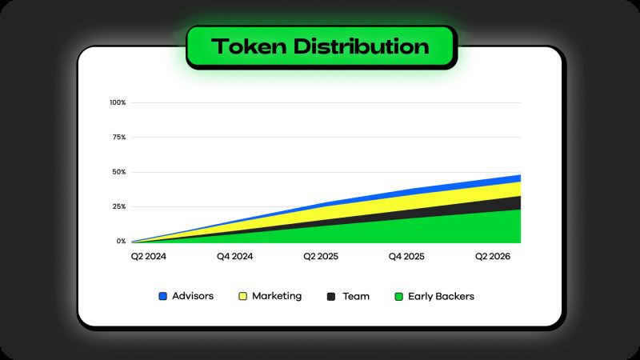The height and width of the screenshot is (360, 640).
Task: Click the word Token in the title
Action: (x=249, y=46)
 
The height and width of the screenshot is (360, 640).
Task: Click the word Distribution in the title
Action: (x=362, y=46)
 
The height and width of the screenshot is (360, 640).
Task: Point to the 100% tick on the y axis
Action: (x=118, y=102)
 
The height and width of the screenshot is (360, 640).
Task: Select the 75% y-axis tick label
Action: (x=119, y=137)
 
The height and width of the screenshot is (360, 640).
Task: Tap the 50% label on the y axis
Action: (x=119, y=172)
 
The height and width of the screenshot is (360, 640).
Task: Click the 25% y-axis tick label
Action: (x=119, y=206)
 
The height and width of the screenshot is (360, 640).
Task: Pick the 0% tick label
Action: (x=122, y=242)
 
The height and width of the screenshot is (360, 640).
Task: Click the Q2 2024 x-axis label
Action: (x=149, y=256)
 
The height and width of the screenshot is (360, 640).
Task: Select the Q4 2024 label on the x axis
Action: (x=234, y=256)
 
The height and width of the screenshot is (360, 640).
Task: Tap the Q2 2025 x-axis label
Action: (x=321, y=256)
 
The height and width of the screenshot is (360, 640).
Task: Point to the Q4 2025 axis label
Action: (x=406, y=256)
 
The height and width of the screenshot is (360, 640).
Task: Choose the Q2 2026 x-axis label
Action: (x=493, y=256)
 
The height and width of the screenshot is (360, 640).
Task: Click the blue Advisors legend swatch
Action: (x=163, y=296)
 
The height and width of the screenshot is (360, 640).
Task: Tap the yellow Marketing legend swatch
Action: (x=243, y=296)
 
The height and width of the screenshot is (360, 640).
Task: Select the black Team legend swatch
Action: (x=331, y=297)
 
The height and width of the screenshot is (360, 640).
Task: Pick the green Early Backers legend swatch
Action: (x=398, y=297)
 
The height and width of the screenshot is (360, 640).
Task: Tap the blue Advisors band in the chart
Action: (x=470, y=184)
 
